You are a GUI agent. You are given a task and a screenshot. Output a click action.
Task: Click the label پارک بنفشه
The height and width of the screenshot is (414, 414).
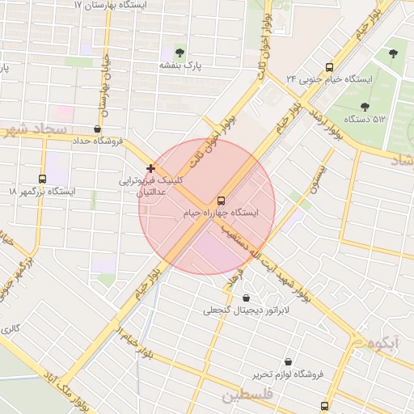[x=179, y=65]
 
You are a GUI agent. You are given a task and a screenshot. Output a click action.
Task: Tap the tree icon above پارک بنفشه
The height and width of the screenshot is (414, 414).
[x=180, y=53]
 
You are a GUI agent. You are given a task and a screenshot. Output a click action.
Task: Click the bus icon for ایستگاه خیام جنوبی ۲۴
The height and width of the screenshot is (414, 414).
[x=328, y=67]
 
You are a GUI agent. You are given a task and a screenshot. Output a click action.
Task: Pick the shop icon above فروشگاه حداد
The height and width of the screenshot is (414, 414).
[x=98, y=129]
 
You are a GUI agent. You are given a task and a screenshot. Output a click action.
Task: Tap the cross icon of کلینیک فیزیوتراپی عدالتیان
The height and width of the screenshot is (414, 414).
[x=150, y=168]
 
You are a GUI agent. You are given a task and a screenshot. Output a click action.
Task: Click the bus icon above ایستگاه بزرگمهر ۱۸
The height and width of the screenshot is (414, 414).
[x=42, y=179]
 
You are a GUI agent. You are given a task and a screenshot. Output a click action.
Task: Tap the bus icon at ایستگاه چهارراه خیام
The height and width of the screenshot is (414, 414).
[x=221, y=201]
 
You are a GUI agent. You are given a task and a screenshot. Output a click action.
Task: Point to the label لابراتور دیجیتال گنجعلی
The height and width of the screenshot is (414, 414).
[x=246, y=310]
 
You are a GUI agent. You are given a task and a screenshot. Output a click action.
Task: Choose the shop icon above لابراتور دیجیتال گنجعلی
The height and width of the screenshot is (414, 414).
[x=246, y=298]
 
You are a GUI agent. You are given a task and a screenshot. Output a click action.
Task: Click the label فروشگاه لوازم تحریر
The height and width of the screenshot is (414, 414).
[x=288, y=374]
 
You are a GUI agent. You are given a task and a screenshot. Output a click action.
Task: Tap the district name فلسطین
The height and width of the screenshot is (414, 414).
[x=249, y=395]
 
